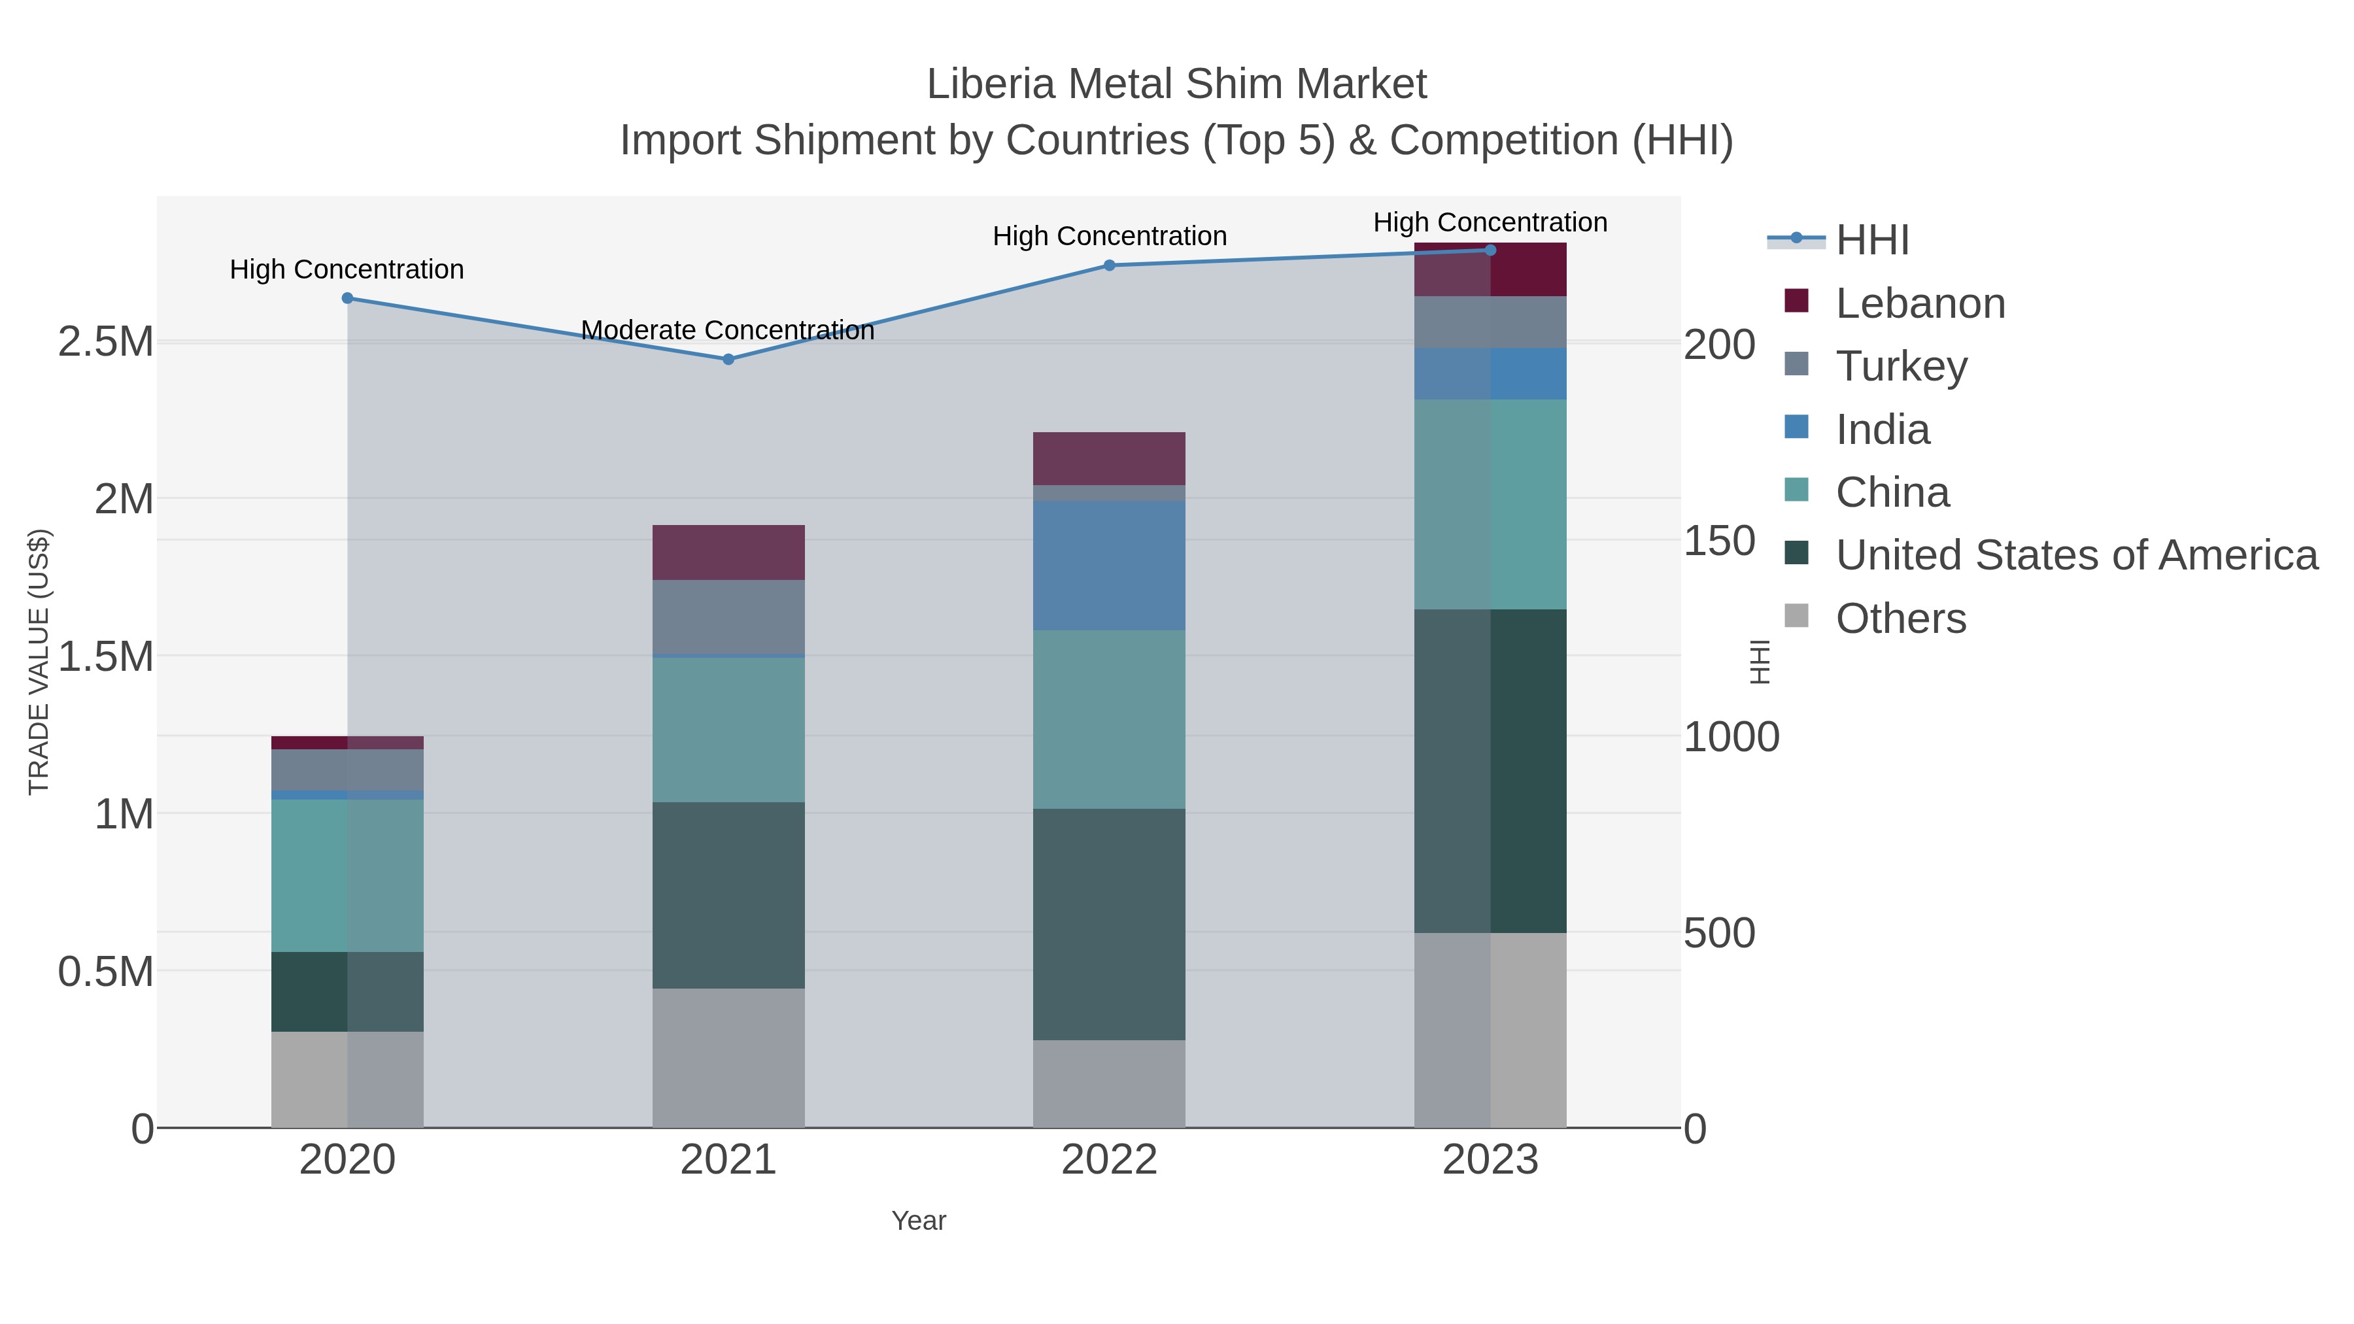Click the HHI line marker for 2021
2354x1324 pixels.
728,359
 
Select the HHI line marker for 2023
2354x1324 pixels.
1490,250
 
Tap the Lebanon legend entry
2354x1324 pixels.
1920,303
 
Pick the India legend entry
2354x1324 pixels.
1883,430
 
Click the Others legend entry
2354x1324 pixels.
1901,619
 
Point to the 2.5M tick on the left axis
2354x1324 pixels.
106,343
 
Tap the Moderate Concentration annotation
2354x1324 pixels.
727,330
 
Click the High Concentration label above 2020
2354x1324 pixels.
347,269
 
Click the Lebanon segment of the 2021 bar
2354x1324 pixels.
728,552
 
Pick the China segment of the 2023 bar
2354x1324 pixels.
1490,503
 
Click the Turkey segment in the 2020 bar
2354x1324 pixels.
347,770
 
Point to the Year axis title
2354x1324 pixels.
919,1221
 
